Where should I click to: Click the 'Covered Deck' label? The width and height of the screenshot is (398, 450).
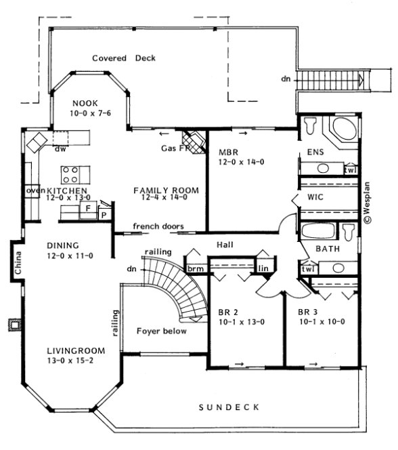click(x=124, y=58)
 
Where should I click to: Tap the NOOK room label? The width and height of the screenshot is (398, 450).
click(x=86, y=104)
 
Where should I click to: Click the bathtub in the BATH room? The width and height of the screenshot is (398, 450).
click(x=319, y=232)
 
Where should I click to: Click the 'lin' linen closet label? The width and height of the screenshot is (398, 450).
click(x=263, y=269)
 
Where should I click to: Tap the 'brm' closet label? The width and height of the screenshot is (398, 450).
click(x=196, y=269)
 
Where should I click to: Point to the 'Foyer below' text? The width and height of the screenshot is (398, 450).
click(x=161, y=331)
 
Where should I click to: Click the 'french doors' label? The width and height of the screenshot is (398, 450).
click(x=158, y=226)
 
